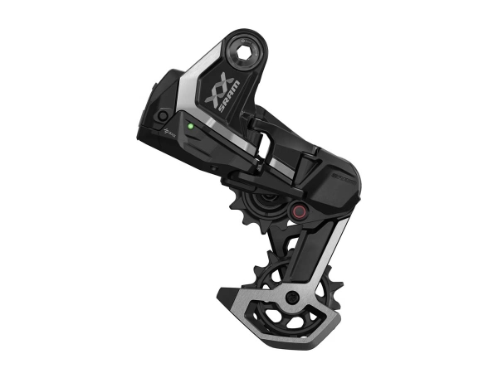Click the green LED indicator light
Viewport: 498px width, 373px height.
[x=189, y=127]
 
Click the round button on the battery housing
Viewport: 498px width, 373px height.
[x=163, y=114]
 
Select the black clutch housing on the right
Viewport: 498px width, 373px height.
[x=328, y=186]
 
